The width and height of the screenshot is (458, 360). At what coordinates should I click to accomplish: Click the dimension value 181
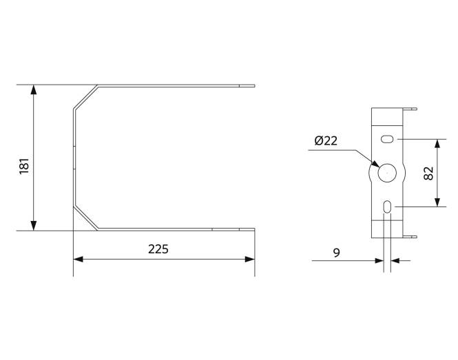pyautogui.click(x=23, y=167)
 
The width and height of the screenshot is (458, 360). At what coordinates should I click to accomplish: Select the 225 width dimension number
pyautogui.click(x=158, y=248)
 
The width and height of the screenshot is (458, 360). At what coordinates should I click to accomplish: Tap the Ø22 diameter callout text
pyautogui.click(x=325, y=141)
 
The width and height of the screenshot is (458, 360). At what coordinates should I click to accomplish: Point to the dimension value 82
pyautogui.click(x=428, y=173)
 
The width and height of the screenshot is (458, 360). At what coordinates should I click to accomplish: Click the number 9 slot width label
pyautogui.click(x=336, y=253)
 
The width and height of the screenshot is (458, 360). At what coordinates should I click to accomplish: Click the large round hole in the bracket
pyautogui.click(x=386, y=173)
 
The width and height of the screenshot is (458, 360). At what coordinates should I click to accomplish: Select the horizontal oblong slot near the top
pyautogui.click(x=387, y=139)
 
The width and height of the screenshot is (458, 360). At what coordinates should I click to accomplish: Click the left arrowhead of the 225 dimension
pyautogui.click(x=78, y=260)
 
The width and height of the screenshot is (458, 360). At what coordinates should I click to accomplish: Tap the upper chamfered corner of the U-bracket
pyautogui.click(x=85, y=97)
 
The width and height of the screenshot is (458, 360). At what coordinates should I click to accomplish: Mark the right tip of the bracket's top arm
pyautogui.click(x=253, y=86)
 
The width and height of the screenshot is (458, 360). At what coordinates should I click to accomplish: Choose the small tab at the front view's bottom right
pyautogui.click(x=413, y=236)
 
